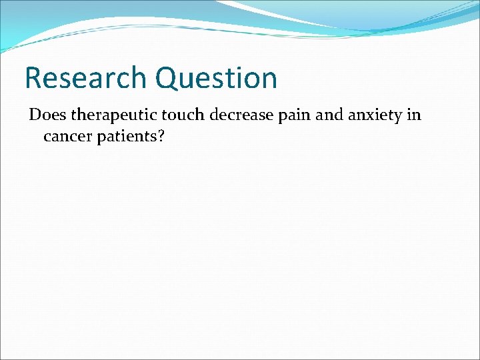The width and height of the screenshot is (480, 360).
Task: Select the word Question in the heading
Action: [x=217, y=78]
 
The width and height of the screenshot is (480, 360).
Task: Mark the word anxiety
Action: [x=377, y=115]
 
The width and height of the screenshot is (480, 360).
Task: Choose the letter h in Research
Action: [x=138, y=78]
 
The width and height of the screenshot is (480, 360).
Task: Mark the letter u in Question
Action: [x=189, y=79]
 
